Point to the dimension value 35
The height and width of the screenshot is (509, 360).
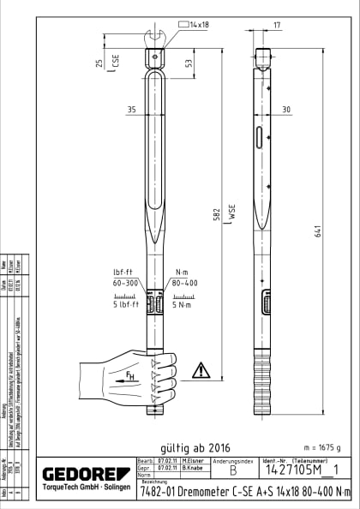click(x=131, y=110)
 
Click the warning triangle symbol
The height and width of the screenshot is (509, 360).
click(x=200, y=370)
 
